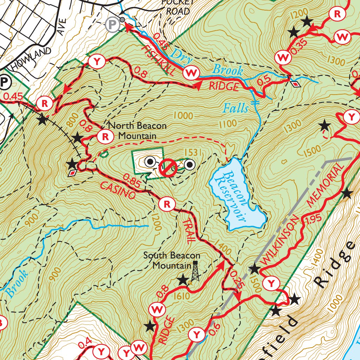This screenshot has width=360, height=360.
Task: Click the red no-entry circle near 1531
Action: tap(168, 168)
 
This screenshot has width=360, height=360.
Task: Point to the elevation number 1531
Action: tap(192, 152)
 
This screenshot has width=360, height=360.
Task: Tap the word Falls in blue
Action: tap(235, 108)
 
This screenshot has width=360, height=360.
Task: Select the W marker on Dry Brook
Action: tap(192, 73)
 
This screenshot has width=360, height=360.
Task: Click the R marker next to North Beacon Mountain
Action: tap(105, 136)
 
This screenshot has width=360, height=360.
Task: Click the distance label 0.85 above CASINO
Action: tap(131, 180)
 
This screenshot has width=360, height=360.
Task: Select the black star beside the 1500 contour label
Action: tap(254, 270)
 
